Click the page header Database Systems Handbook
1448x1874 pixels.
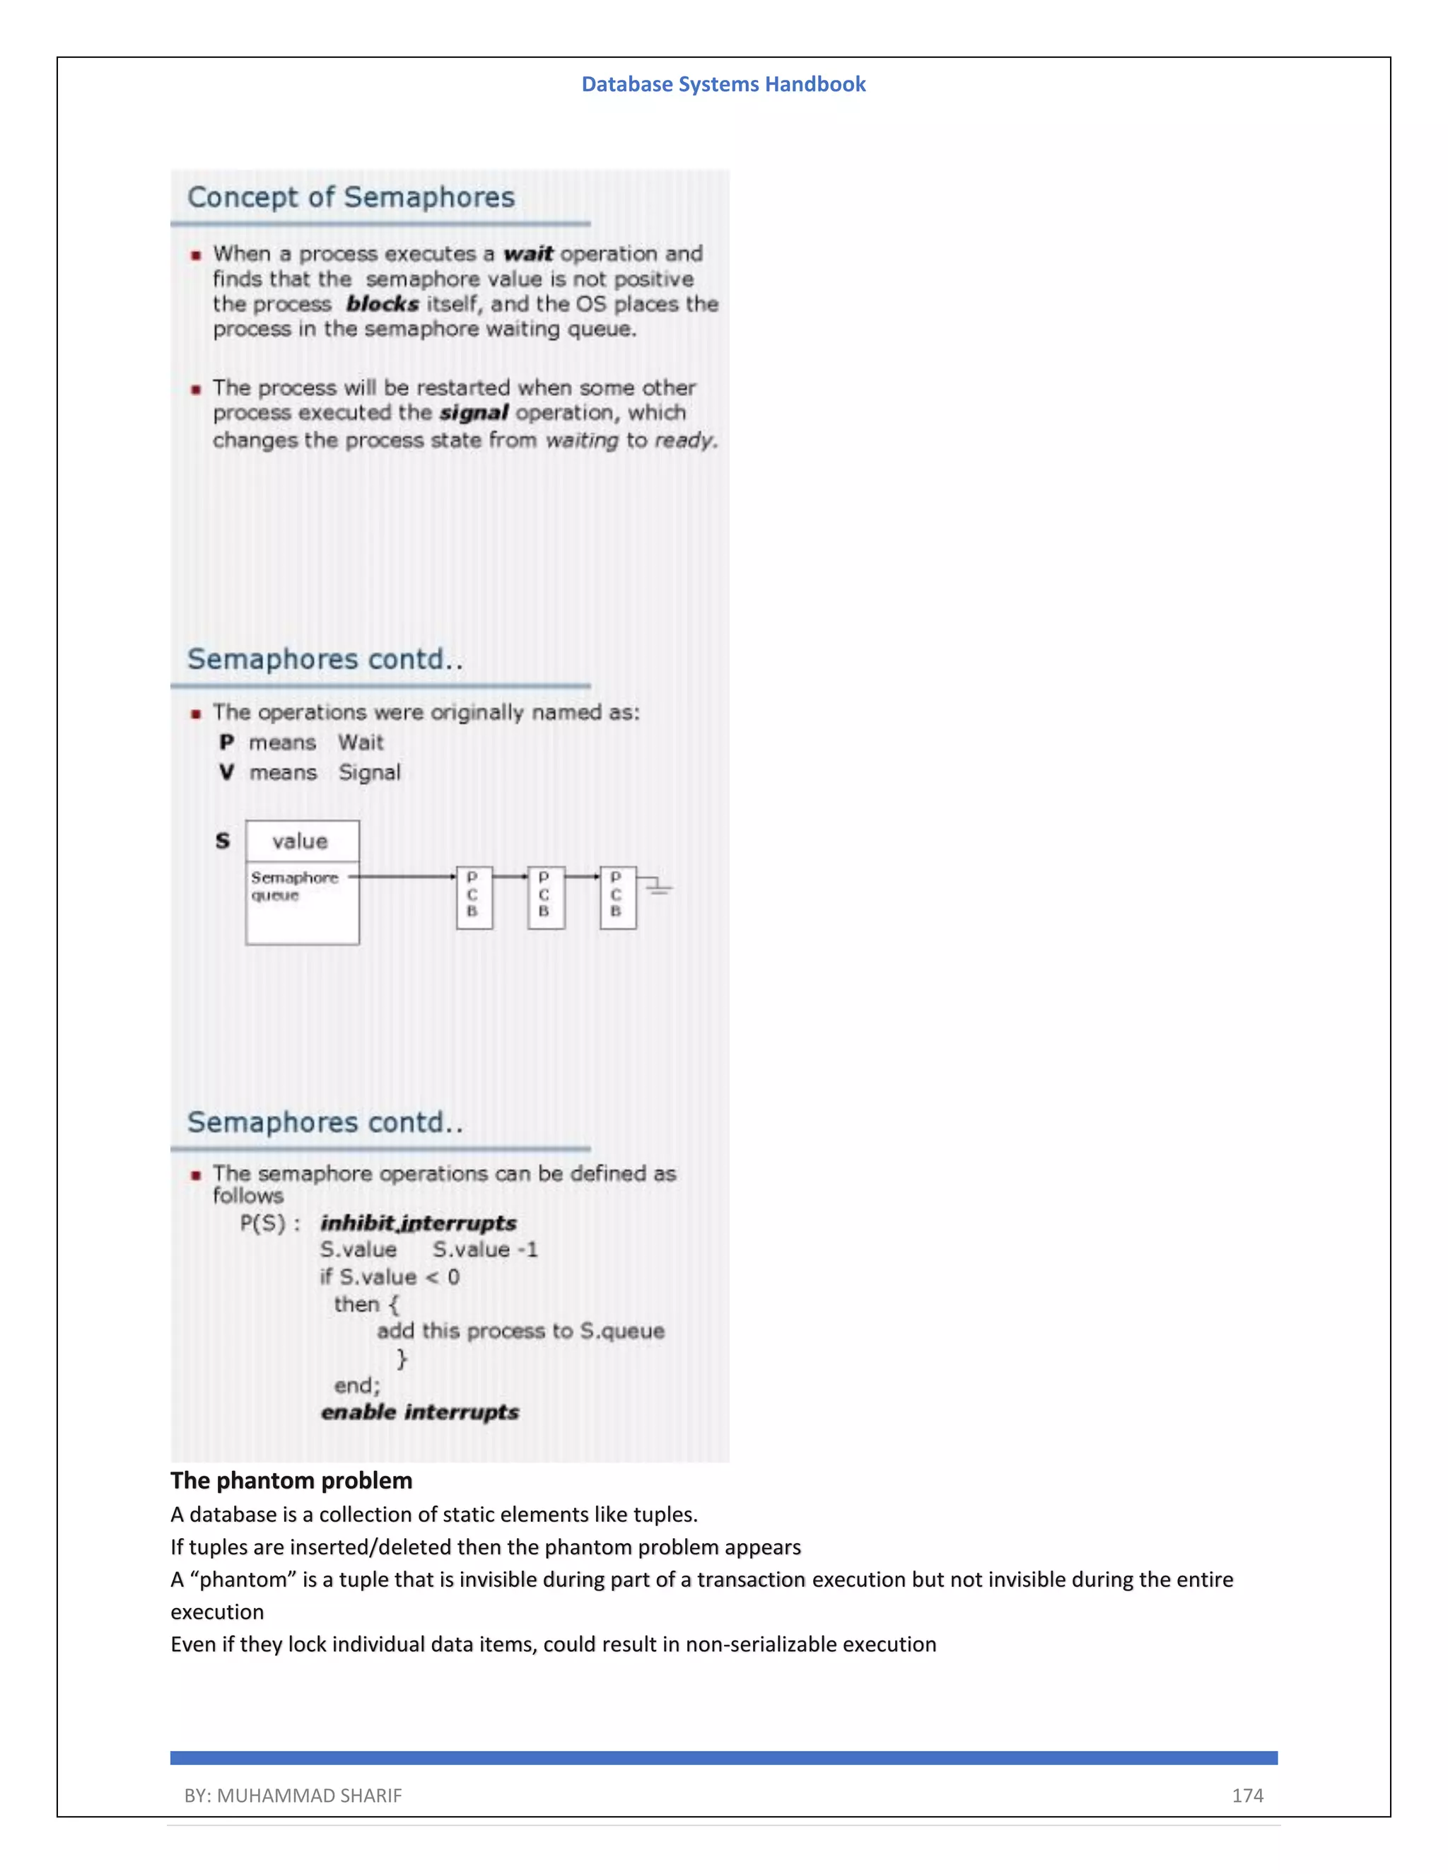723,84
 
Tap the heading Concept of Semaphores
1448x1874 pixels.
351,197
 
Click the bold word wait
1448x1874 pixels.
527,254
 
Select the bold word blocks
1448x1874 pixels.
382,304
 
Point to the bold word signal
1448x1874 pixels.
474,413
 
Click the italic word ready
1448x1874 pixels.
684,440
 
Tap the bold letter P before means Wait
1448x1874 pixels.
226,743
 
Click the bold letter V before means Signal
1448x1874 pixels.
226,772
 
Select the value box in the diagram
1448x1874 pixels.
301,841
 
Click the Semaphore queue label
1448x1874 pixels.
293,886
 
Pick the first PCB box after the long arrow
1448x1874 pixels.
474,897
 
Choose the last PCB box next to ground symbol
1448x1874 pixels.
618,897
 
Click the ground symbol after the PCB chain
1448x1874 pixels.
658,885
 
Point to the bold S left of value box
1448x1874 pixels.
223,841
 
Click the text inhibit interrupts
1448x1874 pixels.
419,1223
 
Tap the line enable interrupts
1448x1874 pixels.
419,1412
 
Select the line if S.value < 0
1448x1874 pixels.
390,1276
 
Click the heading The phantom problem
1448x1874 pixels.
291,1480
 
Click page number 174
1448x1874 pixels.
1247,1795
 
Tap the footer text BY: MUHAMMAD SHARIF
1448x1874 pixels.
293,1795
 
